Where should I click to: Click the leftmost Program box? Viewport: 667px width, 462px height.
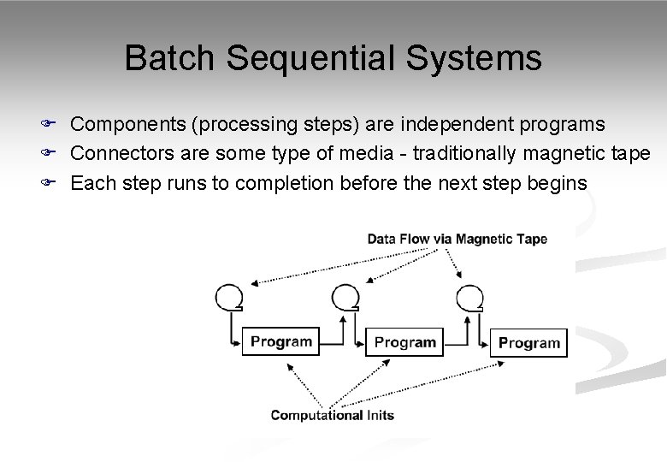281,341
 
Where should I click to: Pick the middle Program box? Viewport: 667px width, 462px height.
404,342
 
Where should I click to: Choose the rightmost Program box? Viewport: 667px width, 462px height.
528,342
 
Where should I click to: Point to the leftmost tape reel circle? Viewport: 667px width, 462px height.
229,296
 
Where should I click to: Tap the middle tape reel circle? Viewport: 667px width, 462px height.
345,296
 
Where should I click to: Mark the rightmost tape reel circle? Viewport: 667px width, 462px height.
469,296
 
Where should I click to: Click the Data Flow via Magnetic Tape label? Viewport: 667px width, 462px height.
457,239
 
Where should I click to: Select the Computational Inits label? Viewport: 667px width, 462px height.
332,415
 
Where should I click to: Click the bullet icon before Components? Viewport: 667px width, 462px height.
50,125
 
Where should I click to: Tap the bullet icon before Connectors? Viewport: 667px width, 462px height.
50,153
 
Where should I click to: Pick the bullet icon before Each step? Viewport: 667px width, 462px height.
50,182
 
